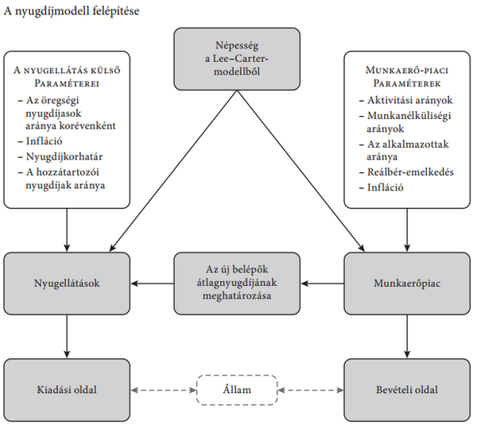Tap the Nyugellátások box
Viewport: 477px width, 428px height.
point(66,281)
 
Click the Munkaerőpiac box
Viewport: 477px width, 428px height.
point(407,281)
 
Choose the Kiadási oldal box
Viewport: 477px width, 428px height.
point(66,390)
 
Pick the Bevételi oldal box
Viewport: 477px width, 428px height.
point(407,390)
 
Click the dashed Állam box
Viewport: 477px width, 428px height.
point(237,390)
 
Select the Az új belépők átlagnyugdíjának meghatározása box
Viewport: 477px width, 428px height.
point(237,281)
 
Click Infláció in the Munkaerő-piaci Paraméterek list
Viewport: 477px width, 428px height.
point(385,187)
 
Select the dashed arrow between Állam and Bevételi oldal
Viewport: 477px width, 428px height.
point(311,390)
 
